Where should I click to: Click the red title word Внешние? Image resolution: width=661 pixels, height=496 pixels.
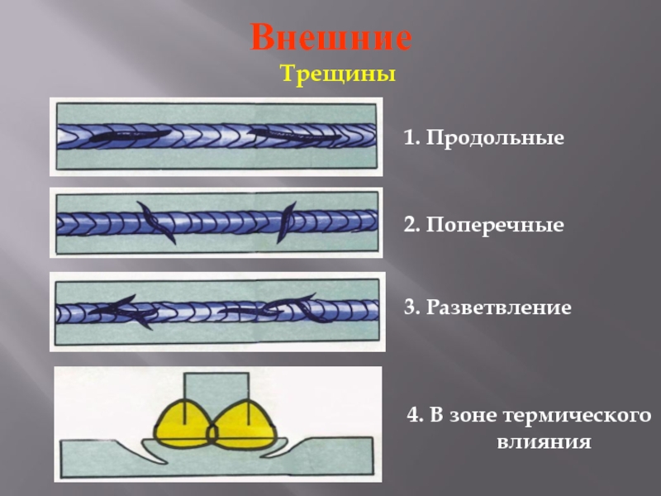click(331, 38)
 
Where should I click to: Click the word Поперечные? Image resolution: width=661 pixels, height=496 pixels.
click(495, 225)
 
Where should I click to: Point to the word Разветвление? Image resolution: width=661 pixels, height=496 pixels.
click(499, 308)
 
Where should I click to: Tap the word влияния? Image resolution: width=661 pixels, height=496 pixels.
click(544, 442)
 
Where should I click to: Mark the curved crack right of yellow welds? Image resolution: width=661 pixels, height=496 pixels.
click(285, 450)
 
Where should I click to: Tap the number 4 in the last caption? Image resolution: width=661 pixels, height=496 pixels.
click(411, 415)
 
